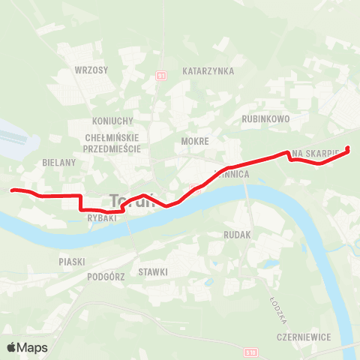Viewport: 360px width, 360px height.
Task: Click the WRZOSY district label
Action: (91, 70)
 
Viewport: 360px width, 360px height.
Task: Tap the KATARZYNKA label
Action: (208, 71)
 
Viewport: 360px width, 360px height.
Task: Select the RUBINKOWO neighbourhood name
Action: (265, 118)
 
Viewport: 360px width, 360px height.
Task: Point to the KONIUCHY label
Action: (112, 121)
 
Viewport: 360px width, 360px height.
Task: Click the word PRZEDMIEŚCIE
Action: (115, 148)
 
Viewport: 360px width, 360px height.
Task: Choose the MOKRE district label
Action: (194, 140)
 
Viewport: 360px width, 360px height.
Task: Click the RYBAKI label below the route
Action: (100, 218)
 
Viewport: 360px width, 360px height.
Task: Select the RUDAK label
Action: (238, 235)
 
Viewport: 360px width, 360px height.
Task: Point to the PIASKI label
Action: (72, 262)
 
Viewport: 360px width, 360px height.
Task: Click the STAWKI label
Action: (153, 271)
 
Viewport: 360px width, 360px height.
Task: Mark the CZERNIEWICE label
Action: (302, 337)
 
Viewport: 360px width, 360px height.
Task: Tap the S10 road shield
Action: (250, 352)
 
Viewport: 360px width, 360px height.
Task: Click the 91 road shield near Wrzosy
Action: (160, 76)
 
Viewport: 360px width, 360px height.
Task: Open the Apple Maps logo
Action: (27, 347)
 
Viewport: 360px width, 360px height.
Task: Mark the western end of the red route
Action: (11, 190)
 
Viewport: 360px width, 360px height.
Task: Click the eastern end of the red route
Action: (348, 148)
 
